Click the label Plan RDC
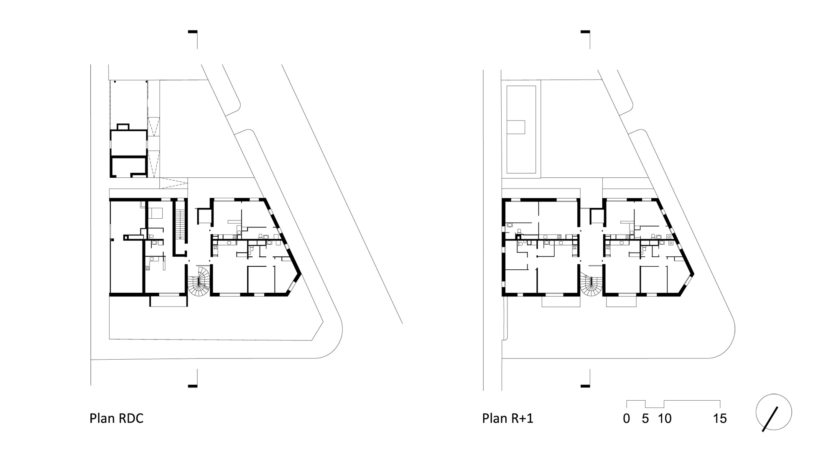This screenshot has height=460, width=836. [116, 418]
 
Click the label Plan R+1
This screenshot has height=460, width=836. [508, 418]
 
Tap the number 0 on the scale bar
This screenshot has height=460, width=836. [626, 419]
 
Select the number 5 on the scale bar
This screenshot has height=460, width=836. [645, 419]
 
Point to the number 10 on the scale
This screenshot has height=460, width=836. [665, 419]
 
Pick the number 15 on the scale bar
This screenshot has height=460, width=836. [720, 419]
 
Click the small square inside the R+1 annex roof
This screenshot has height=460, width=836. [516, 127]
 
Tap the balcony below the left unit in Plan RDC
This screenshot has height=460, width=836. [168, 301]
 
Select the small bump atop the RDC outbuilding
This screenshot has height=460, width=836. [123, 127]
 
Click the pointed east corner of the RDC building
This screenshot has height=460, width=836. [300, 275]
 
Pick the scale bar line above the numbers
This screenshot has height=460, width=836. [673, 404]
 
